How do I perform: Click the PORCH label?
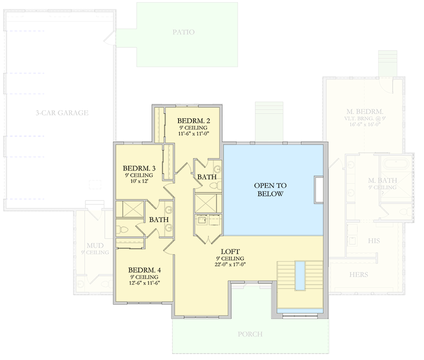[x=250, y=334]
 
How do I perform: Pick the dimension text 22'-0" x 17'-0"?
[x=230, y=265]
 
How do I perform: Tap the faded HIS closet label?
[x=374, y=240]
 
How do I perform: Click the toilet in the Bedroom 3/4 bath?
[x=124, y=229]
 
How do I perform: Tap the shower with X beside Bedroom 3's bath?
[x=130, y=209]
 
